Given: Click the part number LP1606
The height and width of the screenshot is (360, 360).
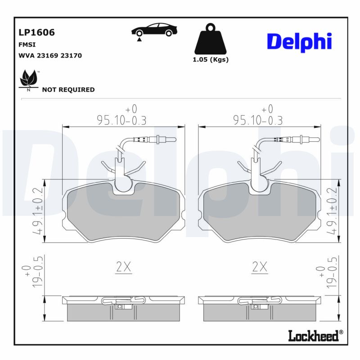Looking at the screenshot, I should coord(36,32).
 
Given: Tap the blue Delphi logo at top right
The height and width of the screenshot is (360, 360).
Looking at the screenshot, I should coord(299,41).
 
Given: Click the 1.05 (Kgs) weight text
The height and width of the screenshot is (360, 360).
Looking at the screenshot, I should coord(211,60).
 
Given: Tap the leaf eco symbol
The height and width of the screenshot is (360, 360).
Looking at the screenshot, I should coord(29,80).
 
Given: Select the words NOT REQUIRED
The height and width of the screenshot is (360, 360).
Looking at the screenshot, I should coord(68,90).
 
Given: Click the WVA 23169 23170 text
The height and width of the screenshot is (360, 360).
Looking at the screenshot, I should coord(50,55).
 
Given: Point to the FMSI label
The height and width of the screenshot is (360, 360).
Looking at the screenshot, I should coord(27,45).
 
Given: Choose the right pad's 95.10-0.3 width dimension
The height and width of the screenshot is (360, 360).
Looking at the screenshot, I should coord(258,120).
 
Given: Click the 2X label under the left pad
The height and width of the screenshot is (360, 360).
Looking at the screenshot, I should coord(123,267).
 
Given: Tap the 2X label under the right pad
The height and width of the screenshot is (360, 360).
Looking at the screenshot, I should coord(260,267).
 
